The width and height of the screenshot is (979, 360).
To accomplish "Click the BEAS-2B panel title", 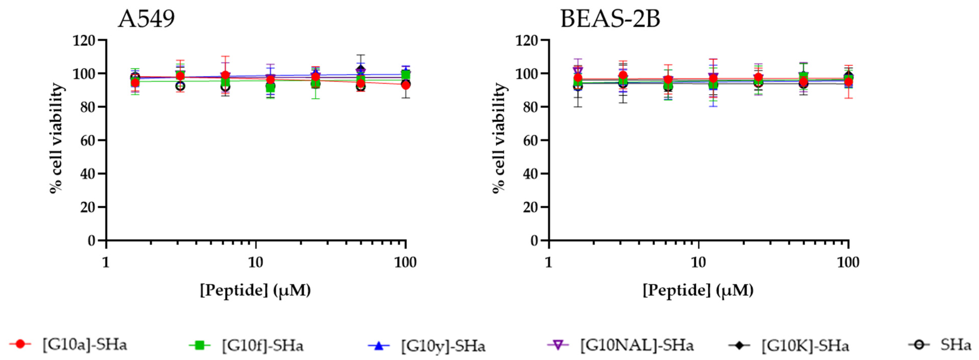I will pos(610,19).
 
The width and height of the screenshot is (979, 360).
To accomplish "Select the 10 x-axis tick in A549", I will pos(255,263).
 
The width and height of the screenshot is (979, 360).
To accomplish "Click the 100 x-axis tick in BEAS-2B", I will pos(848,263).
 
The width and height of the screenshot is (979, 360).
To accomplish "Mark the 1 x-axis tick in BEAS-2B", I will pos(548,263).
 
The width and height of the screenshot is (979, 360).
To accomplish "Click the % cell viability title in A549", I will pos(57,139).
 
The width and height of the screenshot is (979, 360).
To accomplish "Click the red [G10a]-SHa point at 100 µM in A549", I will pos(406,85).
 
